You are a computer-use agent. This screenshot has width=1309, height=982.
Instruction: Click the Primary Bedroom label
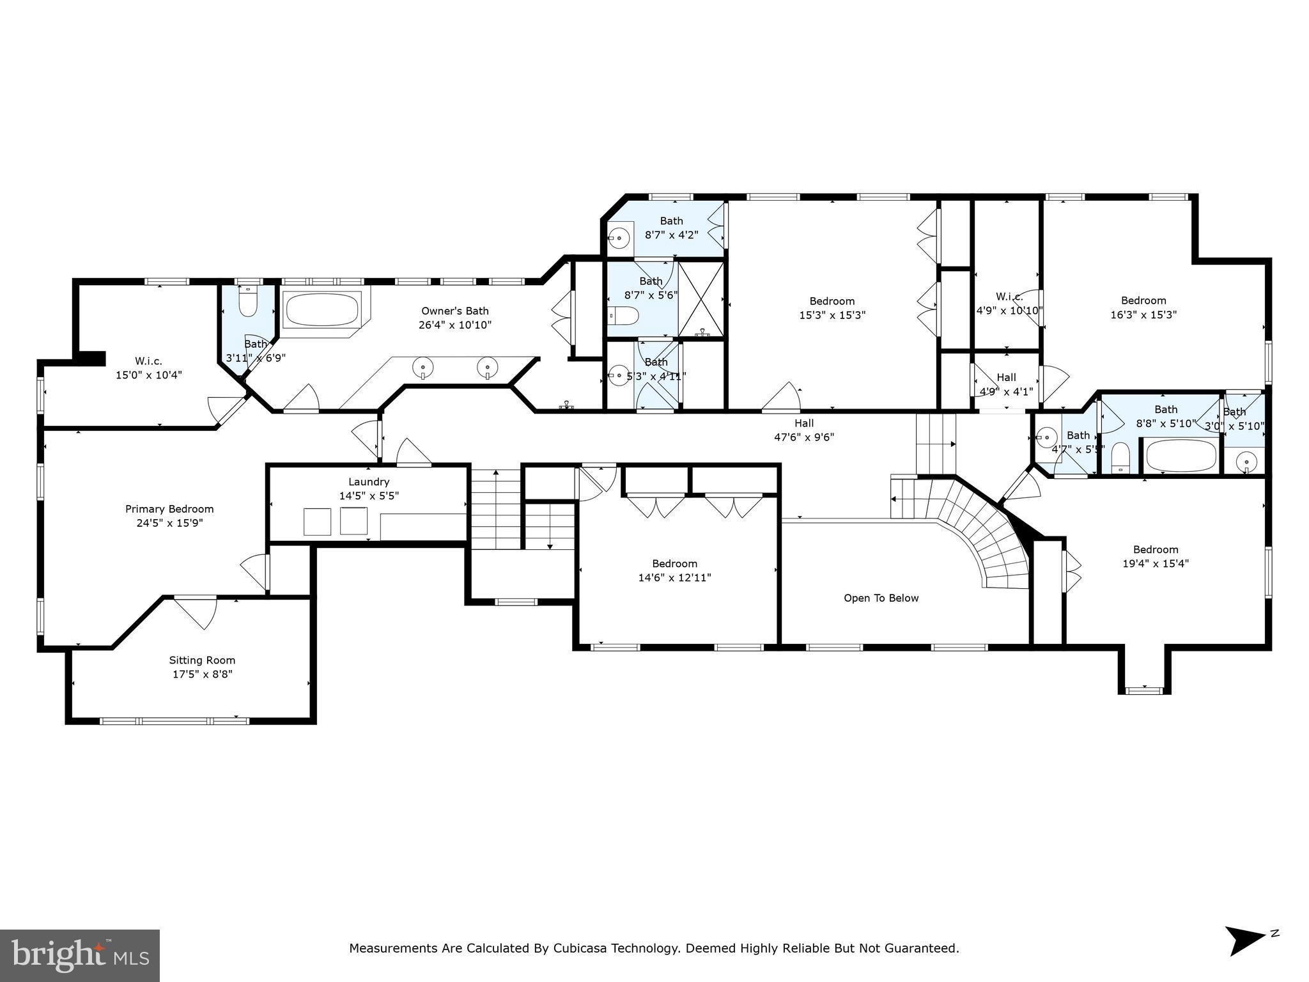click(169, 510)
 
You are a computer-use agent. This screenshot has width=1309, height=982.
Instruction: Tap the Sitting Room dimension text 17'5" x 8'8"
click(202, 674)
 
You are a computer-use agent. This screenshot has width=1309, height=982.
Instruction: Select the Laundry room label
click(369, 482)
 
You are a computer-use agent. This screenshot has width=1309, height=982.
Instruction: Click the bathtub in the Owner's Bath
click(321, 310)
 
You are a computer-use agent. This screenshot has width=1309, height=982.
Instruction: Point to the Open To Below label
click(881, 598)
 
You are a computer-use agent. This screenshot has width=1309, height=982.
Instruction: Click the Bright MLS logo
click(80, 956)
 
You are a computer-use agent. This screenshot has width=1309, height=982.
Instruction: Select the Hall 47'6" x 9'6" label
click(804, 430)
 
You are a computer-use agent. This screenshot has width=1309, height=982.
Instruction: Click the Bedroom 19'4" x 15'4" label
click(1156, 556)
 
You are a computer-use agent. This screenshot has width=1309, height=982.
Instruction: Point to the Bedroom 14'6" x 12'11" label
click(675, 570)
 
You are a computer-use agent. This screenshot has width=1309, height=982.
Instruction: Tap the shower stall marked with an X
click(701, 299)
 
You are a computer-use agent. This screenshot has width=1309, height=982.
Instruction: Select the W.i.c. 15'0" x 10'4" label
click(148, 368)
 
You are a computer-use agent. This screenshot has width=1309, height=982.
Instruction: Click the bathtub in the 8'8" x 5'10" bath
click(1181, 456)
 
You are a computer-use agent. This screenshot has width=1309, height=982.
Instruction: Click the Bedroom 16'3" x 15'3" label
click(1143, 308)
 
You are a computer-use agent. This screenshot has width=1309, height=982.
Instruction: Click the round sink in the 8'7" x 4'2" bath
click(619, 238)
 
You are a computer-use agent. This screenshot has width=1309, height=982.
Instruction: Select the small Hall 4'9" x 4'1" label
click(1006, 384)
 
